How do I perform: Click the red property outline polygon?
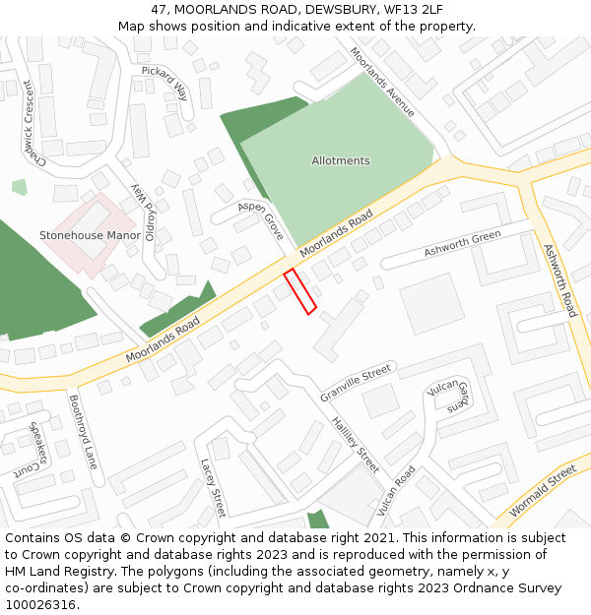coord(299,292)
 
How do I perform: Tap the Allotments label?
coord(341,160)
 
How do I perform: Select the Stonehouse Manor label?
coord(90,236)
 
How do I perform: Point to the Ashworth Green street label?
coord(462,245)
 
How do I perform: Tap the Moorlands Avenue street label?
coord(382,83)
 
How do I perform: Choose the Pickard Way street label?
coord(164,85)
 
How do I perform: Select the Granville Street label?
coord(356,383)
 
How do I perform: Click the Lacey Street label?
coord(213,487)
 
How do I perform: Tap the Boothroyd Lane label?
coord(83,432)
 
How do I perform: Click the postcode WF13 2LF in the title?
coord(407,9)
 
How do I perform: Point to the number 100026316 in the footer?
coord(39,605)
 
